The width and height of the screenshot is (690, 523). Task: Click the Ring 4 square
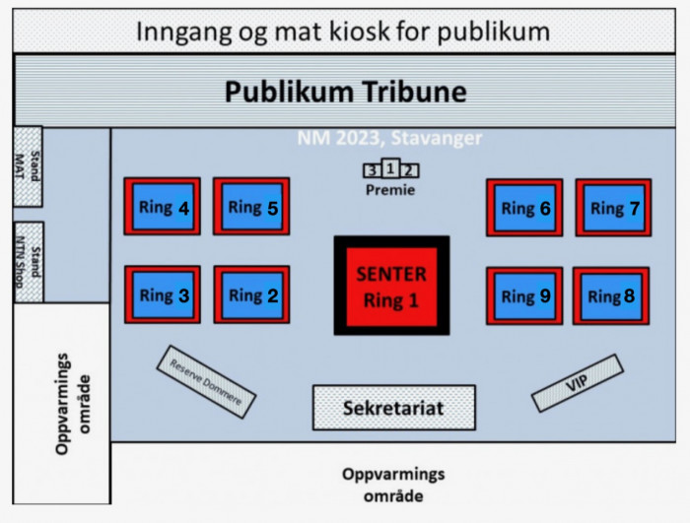coord(163,206)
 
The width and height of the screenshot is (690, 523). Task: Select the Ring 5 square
coord(251,206)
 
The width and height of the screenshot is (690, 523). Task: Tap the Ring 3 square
coord(163,294)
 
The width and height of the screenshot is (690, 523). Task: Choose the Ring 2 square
coord(251,294)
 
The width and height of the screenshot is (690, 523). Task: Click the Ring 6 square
coord(524,208)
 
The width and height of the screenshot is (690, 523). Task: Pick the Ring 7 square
coord(614,208)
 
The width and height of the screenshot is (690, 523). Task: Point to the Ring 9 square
coord(524,295)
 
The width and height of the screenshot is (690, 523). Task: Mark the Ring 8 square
coord(611,295)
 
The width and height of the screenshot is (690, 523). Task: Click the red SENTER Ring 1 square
coord(391,286)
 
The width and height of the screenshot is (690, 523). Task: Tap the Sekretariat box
coord(394,408)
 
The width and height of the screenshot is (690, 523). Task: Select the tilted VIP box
coord(578,383)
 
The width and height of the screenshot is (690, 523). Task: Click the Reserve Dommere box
coord(206,382)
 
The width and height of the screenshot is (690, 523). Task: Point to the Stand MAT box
coord(28,166)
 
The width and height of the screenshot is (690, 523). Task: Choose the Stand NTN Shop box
coord(29,262)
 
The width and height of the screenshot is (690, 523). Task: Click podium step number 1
coord(390,168)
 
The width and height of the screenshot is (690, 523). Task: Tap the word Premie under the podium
coord(390,190)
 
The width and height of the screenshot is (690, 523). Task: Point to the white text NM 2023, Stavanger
coord(390,138)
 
